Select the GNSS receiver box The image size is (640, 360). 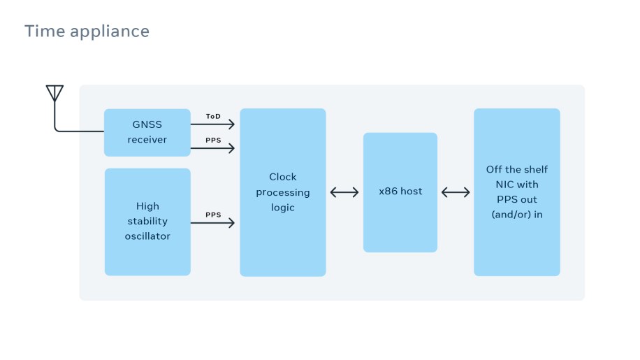pyautogui.click(x=147, y=132)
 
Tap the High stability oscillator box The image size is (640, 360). pyautogui.click(x=147, y=222)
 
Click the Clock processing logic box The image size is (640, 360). pyautogui.click(x=282, y=192)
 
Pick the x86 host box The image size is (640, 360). pyautogui.click(x=400, y=192)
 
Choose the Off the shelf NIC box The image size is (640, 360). pyautogui.click(x=516, y=192)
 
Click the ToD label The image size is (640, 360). pyautogui.click(x=213, y=116)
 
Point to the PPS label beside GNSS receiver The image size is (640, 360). pyautogui.click(x=213, y=140)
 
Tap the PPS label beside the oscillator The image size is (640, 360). pyautogui.click(x=213, y=215)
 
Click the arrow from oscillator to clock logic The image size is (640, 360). pyautogui.click(x=213, y=223)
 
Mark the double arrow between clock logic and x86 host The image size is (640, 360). pyautogui.click(x=344, y=192)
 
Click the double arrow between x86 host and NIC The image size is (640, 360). pyautogui.click(x=456, y=192)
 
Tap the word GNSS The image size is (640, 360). pyautogui.click(x=147, y=124)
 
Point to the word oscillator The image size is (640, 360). pyautogui.click(x=147, y=236)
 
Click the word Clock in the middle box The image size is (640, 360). pyautogui.click(x=283, y=177)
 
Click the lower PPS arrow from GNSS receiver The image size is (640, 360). pyautogui.click(x=213, y=148)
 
